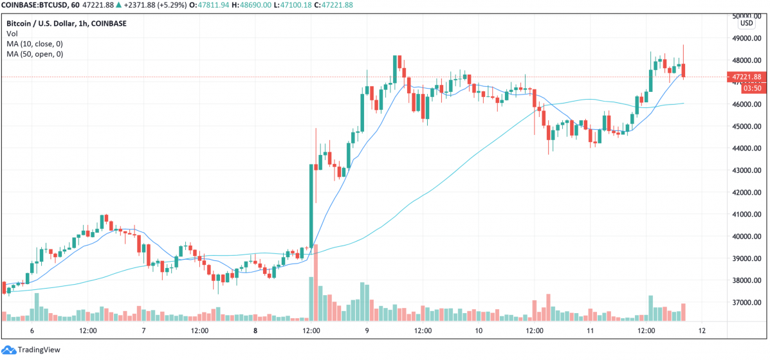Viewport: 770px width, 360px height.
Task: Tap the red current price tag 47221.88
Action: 747,77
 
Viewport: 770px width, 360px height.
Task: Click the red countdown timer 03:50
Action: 747,89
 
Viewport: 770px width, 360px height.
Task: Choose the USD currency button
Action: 746,23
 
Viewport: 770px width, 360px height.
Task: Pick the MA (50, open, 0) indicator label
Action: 35,55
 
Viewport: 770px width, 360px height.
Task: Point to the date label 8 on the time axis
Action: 255,330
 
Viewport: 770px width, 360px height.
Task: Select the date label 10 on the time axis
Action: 479,330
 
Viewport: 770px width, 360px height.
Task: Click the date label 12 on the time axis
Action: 702,330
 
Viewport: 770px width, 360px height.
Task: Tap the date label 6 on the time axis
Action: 32,330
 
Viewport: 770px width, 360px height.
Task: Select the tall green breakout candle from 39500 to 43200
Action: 311,206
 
